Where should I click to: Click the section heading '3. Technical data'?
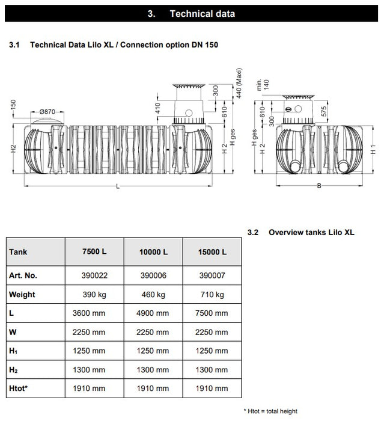pyautogui.click(x=191, y=13)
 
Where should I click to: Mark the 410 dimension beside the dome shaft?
pyautogui.click(x=157, y=108)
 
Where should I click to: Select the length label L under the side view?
pyautogui.click(x=117, y=188)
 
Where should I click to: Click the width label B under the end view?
pyautogui.click(x=318, y=186)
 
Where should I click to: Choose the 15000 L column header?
pyautogui.click(x=213, y=252)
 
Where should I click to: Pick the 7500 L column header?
pyautogui.click(x=94, y=252)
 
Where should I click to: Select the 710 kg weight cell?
pyautogui.click(x=213, y=295)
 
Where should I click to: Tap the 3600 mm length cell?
pyautogui.click(x=94, y=313)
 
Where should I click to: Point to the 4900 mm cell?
pyautogui.click(x=153, y=313)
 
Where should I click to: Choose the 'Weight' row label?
pyautogui.click(x=22, y=295)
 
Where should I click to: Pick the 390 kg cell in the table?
pyautogui.click(x=94, y=295)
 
